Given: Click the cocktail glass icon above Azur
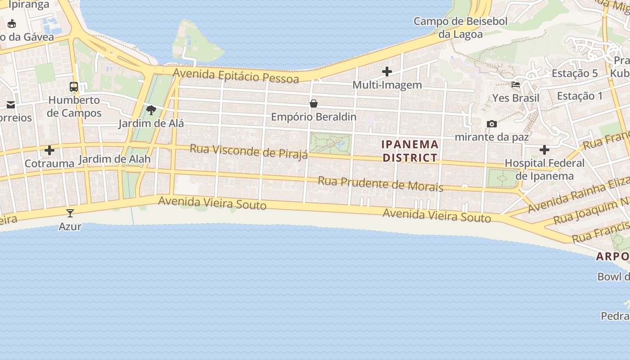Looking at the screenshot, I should [x=70, y=213].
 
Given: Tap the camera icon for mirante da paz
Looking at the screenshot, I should [x=492, y=124].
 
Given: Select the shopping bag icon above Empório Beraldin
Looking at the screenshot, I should [x=314, y=103].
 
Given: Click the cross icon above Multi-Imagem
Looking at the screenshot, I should [x=387, y=72].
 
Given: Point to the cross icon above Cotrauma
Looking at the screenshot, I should [x=49, y=150].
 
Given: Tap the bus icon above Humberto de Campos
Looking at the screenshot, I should [x=74, y=87].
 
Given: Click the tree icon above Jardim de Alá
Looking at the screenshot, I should [x=151, y=110].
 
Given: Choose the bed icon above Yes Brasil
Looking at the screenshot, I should [x=516, y=85].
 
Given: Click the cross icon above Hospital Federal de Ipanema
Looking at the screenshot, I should [x=544, y=149].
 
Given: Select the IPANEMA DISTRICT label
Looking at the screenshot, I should [x=409, y=151].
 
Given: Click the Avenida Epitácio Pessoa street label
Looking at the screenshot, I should [x=236, y=76].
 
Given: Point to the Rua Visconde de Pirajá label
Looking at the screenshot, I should [x=249, y=151].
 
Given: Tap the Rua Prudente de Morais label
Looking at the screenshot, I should [x=381, y=184].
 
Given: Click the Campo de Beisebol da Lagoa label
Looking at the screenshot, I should [x=460, y=27].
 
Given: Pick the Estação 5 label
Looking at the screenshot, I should [x=575, y=73].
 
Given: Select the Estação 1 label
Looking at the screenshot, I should [x=580, y=96].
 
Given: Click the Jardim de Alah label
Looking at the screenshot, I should [x=114, y=159].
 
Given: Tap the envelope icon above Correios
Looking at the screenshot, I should [x=11, y=105].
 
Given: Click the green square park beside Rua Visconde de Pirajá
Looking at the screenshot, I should [x=330, y=144].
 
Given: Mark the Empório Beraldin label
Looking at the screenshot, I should [x=314, y=117].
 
